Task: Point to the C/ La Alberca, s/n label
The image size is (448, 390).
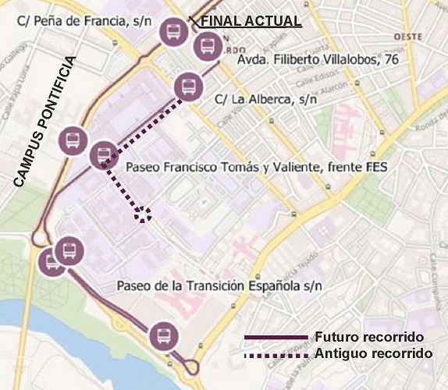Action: [265, 99]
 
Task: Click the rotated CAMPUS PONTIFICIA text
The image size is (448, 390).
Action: [44, 122]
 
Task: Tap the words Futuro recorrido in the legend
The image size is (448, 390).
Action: [369, 337]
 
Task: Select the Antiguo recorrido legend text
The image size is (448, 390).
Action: [373, 353]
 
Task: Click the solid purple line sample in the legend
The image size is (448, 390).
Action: [276, 337]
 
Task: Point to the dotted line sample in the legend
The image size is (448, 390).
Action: [276, 354]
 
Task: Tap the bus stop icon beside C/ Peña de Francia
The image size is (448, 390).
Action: [172, 33]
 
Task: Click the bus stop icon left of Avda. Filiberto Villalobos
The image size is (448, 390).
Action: [207, 48]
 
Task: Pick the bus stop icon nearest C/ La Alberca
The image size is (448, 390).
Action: [187, 86]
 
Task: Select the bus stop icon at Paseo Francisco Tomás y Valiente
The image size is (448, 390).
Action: [103, 155]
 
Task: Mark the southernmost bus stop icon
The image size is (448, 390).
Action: [164, 336]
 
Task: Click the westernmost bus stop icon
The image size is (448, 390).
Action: [52, 262]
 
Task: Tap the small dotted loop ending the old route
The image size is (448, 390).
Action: [143, 216]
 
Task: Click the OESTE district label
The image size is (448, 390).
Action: [408, 37]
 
